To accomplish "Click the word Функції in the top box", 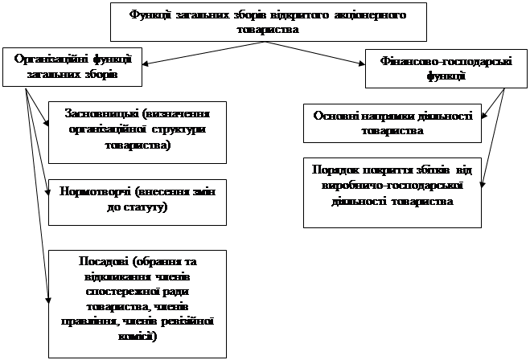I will pyautogui.click(x=150, y=14).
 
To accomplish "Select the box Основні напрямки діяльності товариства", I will pyautogui.click(x=392, y=121).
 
